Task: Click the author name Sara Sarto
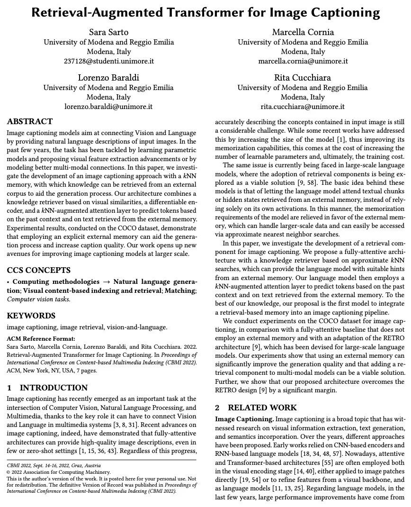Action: click(x=108, y=32)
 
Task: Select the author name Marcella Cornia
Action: click(x=303, y=32)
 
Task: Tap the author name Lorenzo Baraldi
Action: click(x=108, y=77)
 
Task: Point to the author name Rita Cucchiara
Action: click(x=303, y=77)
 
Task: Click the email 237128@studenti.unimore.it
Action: click(x=108, y=61)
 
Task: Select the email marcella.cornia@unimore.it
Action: click(x=303, y=61)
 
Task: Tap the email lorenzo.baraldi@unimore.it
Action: click(x=108, y=107)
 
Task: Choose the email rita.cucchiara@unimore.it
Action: click(x=303, y=107)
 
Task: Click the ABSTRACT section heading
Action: click(x=30, y=121)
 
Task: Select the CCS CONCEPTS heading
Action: click(x=39, y=270)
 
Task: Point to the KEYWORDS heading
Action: click(x=31, y=316)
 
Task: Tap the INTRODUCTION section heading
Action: click(x=54, y=388)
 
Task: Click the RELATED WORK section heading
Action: click(x=262, y=407)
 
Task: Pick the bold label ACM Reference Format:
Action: click(x=41, y=339)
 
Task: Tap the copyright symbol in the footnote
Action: click(x=9, y=472)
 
